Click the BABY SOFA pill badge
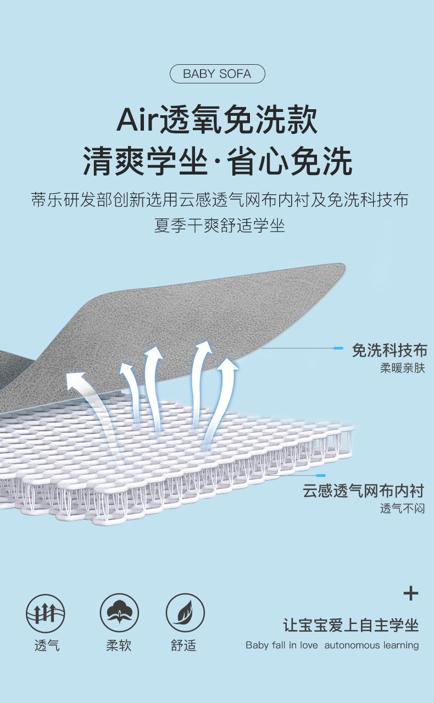[x=217, y=74]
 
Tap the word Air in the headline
[x=137, y=120]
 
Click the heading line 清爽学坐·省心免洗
[x=217, y=161]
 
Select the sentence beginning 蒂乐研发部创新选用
[x=220, y=200]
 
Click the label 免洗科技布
[x=390, y=350]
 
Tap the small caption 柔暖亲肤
[x=403, y=368]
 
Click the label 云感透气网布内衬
[x=364, y=491]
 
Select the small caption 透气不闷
[x=403, y=509]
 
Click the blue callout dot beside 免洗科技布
[x=339, y=348]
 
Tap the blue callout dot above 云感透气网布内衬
[x=321, y=475]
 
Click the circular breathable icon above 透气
[x=46, y=613]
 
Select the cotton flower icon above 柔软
[x=119, y=613]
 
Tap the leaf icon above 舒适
[x=185, y=613]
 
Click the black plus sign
[x=411, y=593]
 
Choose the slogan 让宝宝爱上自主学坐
[x=351, y=625]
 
